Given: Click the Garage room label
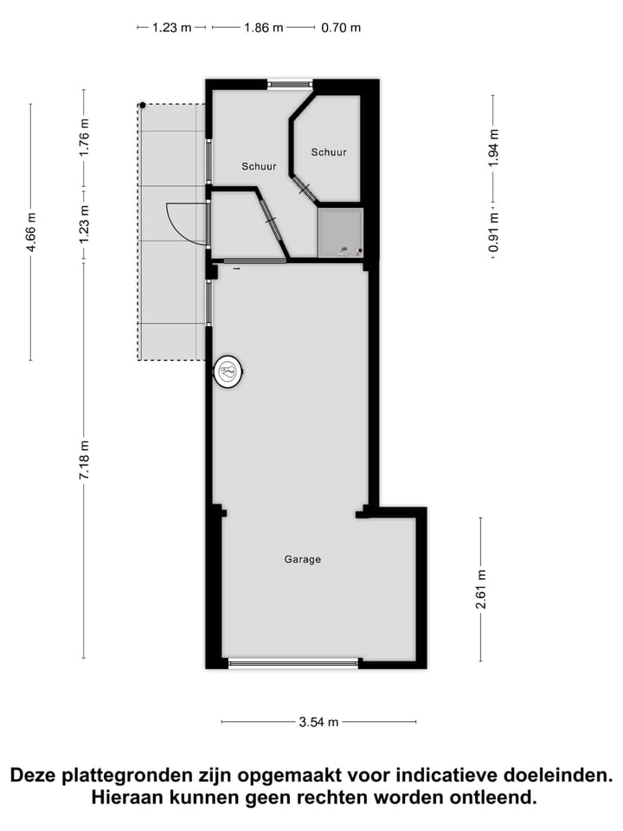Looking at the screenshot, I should click(x=303, y=559).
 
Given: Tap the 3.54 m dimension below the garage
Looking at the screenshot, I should click(x=318, y=722).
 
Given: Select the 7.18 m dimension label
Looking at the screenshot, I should click(x=84, y=461).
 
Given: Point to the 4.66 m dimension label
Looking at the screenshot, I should click(x=31, y=232).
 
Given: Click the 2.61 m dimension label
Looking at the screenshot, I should click(x=480, y=589).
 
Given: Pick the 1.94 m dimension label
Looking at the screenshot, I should click(x=493, y=147).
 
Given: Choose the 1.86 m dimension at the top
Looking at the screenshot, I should click(x=263, y=28).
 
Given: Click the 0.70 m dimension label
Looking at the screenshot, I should click(x=341, y=28).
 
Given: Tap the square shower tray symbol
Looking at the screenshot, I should click(x=340, y=233).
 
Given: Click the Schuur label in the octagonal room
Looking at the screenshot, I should click(x=329, y=152).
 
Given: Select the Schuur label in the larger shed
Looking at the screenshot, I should click(x=259, y=166).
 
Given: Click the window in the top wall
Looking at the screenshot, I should click(x=290, y=84).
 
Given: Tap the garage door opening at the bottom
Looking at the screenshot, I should click(x=293, y=663).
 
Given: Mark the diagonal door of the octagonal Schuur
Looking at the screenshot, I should click(x=305, y=189).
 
